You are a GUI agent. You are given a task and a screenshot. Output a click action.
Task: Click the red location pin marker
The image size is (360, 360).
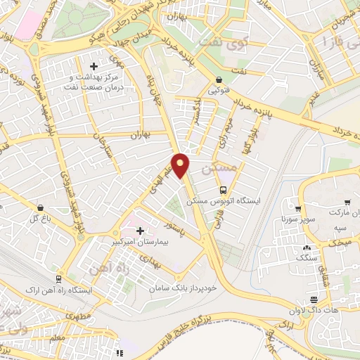point(181,165)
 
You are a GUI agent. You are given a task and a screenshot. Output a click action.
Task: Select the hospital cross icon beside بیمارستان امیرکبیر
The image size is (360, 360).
point(140,231)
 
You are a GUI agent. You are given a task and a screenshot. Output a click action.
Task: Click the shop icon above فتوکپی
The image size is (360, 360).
point(220,79)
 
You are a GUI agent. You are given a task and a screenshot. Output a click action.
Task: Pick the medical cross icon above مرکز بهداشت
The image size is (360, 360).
point(94,66)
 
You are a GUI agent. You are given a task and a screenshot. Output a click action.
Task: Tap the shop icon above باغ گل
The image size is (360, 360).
point(41,208)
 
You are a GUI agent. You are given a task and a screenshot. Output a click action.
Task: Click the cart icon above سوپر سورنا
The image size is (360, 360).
point(298,209)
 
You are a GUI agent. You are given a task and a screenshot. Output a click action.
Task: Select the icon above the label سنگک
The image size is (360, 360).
point(307,247)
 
